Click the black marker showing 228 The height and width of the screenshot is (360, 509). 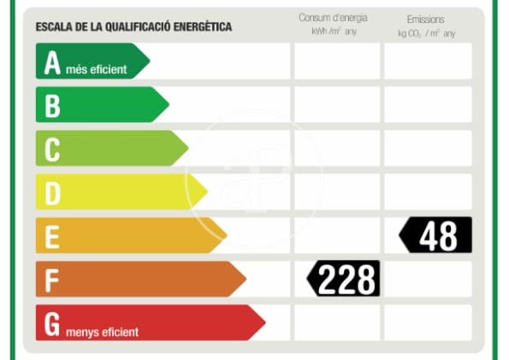tap(344, 279)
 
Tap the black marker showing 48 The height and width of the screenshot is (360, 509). tap(436, 235)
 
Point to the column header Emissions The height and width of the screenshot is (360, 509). tap(426, 19)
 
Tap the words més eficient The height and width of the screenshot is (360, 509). tap(96, 69)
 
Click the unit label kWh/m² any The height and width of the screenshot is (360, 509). tap(334, 32)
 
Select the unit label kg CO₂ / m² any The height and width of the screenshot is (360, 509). tap(426, 32)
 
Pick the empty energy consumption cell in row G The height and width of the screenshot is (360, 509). tap(337, 322)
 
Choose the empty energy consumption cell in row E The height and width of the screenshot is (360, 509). tap(337, 235)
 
